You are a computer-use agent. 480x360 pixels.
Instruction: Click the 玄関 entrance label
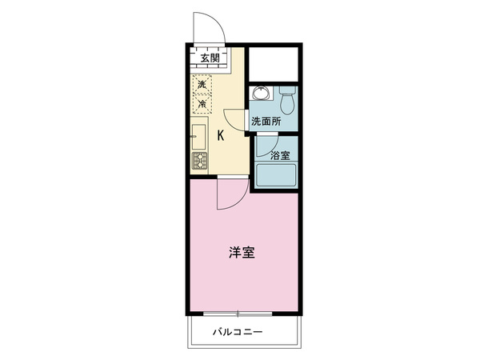[x=210, y=58]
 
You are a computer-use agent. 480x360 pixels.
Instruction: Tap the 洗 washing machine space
[x=202, y=83]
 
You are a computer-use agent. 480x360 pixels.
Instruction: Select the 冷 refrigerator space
[x=202, y=103]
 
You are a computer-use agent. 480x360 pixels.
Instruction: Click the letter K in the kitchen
[x=221, y=135]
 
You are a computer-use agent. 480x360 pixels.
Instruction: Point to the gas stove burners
[x=199, y=161]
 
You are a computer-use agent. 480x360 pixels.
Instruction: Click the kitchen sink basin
[x=198, y=137]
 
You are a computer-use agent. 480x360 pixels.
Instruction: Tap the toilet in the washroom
[x=287, y=100]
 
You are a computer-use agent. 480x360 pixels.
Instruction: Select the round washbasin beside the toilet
[x=261, y=93]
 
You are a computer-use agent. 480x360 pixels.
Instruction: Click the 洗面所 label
[x=266, y=122]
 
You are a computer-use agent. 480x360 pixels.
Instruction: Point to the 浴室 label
[x=280, y=155]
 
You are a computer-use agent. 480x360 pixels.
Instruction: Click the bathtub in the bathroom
[x=276, y=175]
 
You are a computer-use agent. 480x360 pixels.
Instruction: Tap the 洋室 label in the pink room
[x=242, y=253]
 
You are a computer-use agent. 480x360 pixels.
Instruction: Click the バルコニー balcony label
[x=238, y=332]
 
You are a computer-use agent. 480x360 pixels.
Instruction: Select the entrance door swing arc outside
[x=219, y=23]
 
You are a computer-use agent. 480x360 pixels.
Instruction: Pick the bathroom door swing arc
[x=273, y=150]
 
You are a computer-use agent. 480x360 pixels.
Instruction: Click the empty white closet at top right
[x=274, y=64]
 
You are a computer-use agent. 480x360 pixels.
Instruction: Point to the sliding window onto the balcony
[x=238, y=314]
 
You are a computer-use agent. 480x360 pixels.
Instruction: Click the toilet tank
[x=287, y=90]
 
